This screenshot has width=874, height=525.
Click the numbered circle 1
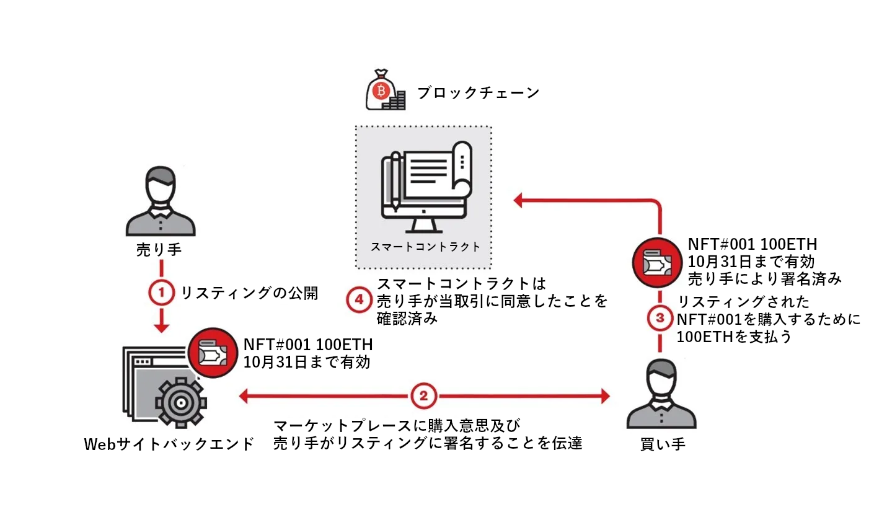(x=161, y=292)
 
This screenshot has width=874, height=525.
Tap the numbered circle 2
(x=423, y=395)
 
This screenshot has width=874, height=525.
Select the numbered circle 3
(x=660, y=318)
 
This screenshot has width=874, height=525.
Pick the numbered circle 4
(x=359, y=300)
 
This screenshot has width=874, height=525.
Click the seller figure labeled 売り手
(x=161, y=201)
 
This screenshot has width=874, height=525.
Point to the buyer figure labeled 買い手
(x=661, y=395)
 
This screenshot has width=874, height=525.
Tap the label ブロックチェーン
(x=478, y=93)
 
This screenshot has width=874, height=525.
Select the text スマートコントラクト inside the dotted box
(x=425, y=246)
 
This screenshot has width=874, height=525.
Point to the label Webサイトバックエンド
(x=169, y=444)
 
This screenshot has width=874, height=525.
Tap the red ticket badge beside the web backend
(x=213, y=353)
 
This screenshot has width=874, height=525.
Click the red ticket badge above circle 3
(x=657, y=263)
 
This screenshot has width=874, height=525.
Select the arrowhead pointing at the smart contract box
(x=518, y=200)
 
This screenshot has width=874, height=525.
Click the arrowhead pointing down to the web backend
(x=161, y=327)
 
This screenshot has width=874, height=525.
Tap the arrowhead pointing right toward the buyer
(x=605, y=395)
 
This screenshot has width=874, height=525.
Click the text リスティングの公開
(x=249, y=293)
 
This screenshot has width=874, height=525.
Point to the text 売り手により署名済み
(x=764, y=279)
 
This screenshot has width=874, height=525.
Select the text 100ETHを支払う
(x=733, y=337)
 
